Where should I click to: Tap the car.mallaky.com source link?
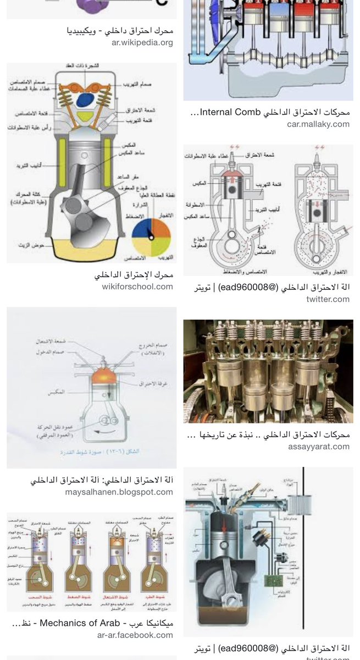318,124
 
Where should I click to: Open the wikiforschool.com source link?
137,287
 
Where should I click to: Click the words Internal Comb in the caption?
230,112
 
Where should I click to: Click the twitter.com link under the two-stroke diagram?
328,299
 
